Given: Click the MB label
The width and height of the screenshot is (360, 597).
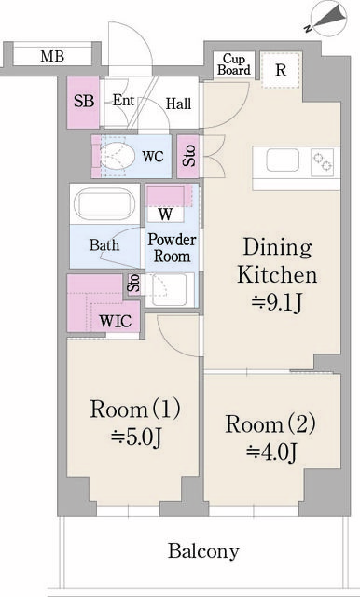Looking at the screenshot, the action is [52, 56].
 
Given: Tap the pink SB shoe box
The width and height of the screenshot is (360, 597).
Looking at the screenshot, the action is [83, 103].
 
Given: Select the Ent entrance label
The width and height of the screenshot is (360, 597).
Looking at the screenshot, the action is [124, 100].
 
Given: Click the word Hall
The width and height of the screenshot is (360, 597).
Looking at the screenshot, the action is [178, 104].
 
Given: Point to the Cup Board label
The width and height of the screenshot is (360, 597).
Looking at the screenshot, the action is [234, 64].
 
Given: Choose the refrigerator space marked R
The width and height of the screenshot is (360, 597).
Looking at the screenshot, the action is [281, 70].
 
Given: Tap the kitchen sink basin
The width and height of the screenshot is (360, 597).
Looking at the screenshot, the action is [283, 160].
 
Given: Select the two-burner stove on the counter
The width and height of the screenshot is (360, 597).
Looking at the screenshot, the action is [322, 162].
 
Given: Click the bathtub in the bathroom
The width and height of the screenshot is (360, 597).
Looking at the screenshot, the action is [104, 203].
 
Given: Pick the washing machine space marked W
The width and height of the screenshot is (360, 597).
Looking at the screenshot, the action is [165, 215].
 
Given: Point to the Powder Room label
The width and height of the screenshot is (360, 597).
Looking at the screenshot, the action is [172, 247].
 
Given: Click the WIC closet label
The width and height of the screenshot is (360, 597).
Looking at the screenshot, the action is [116, 321].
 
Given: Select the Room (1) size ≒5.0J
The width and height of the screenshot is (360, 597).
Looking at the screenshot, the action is [136, 437].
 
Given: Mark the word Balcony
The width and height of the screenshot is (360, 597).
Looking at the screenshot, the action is [203, 551].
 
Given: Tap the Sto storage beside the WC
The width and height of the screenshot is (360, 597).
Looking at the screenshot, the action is [188, 156].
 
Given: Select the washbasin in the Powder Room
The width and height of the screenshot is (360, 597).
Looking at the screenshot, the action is [169, 290].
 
